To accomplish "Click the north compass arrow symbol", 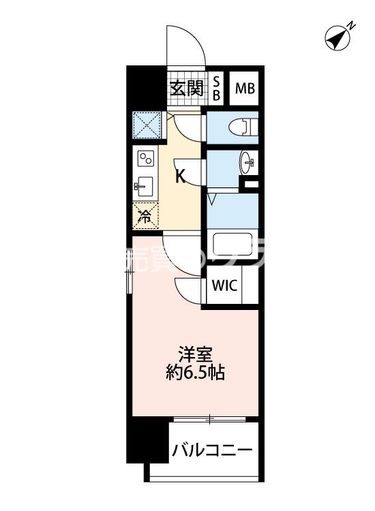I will pyautogui.click(x=336, y=38).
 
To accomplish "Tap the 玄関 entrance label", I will pyautogui.click(x=186, y=89).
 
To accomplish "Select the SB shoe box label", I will pyautogui.click(x=216, y=89).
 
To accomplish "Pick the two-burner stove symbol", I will pyautogui.click(x=146, y=159).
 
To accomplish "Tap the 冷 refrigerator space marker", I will pyautogui.click(x=145, y=217).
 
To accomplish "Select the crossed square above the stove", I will pyautogui.click(x=146, y=125).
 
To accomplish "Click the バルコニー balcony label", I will pyautogui.click(x=212, y=450).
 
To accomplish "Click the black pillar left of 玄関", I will pyautogui.click(x=146, y=86).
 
